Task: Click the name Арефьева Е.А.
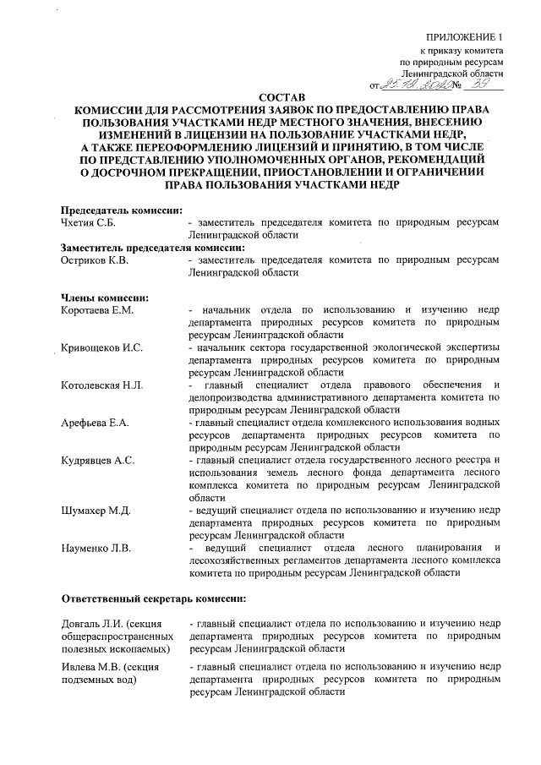(93, 423)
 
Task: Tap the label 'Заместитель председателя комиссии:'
(153, 248)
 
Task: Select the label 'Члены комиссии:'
(106, 297)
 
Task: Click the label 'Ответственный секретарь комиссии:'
(153, 598)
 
